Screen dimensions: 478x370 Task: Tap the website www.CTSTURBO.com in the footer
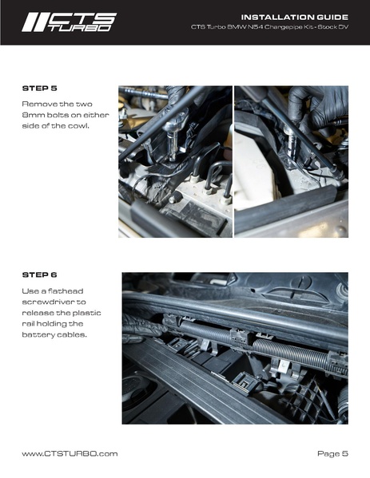point(70,453)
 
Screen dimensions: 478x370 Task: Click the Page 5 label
point(332,453)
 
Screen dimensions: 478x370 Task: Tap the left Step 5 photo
point(175,161)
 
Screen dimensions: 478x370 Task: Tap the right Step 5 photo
point(291,161)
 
